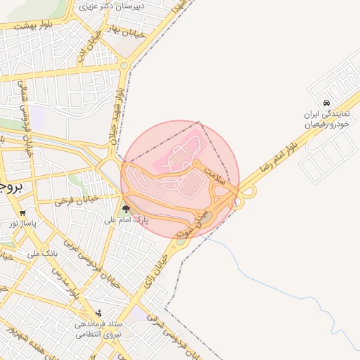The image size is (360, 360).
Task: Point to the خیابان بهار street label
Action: click(x=127, y=32)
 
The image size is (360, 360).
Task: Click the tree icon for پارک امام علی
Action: click(x=127, y=208)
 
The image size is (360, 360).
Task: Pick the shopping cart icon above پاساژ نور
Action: click(x=23, y=212)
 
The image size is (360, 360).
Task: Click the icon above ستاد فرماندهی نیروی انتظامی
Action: click(x=99, y=313)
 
